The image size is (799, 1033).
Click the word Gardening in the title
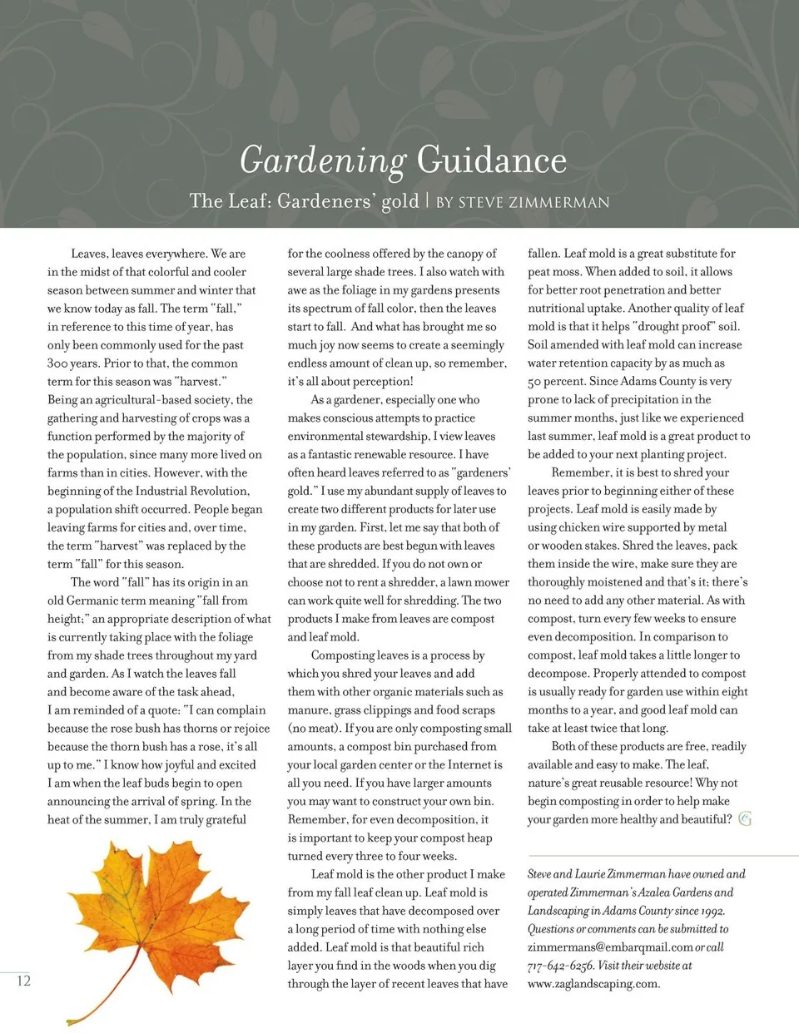tap(322, 160)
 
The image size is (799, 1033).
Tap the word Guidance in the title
tap(491, 160)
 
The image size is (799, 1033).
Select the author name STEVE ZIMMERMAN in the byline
tap(533, 202)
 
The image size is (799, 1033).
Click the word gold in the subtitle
tap(399, 202)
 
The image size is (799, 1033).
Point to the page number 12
tap(23, 981)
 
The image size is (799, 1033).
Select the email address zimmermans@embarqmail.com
tap(610, 947)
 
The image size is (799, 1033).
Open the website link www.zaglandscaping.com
tap(593, 984)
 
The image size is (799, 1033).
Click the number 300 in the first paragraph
tap(61, 363)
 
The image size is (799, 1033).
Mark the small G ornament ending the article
tap(745, 819)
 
